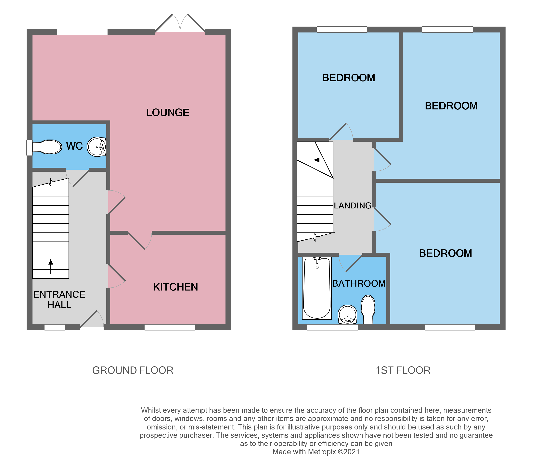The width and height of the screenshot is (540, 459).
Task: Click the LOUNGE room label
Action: (167, 112)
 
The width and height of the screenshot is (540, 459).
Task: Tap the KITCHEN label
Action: (175, 287)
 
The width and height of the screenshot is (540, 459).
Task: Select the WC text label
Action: (74, 146)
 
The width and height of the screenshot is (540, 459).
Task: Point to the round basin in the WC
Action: (96, 147)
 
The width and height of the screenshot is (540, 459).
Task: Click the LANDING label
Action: (352, 205)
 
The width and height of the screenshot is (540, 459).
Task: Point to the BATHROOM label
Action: (359, 283)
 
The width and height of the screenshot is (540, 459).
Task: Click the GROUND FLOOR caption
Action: (133, 370)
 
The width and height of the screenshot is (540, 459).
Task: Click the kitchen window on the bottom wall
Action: (170, 327)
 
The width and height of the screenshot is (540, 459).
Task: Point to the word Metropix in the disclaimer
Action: (322, 452)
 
